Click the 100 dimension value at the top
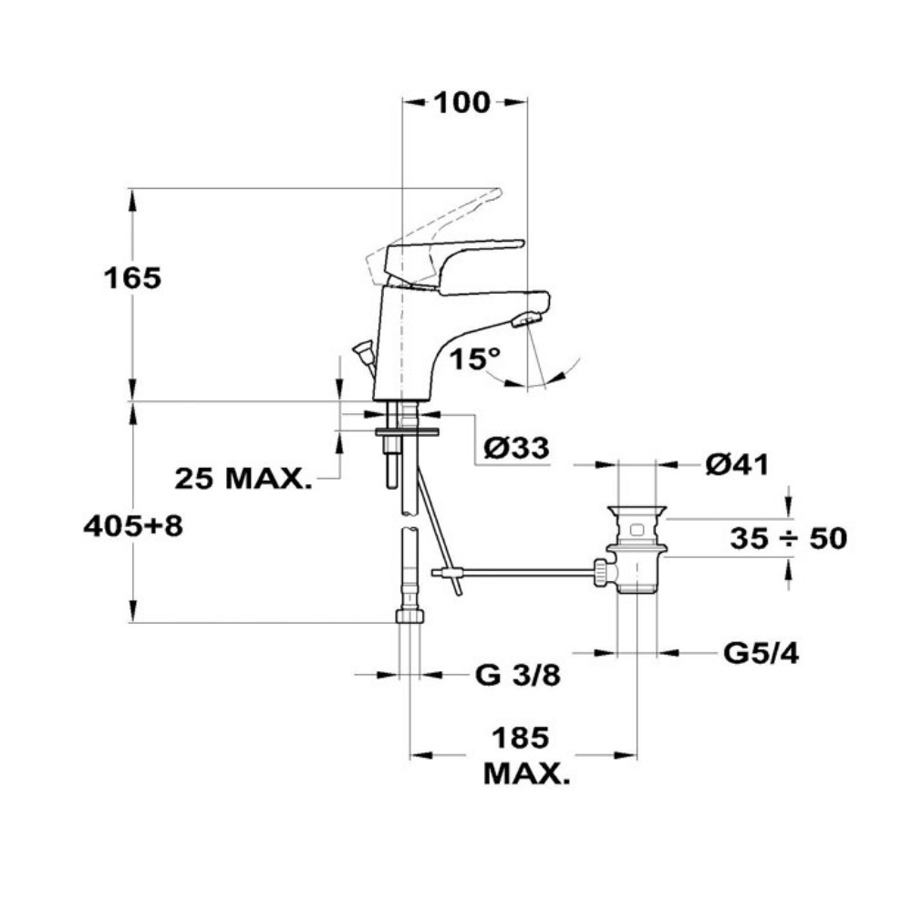point(461,103)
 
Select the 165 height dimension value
point(132,278)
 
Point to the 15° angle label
point(475,358)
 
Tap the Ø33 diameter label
point(516,448)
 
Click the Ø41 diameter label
point(737,465)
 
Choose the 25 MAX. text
point(244,479)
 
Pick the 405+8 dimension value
point(133,526)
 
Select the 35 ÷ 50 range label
point(789,539)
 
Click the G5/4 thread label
point(761,654)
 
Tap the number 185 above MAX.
point(521,738)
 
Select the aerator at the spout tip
point(526,318)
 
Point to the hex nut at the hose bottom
point(410,616)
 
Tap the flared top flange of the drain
point(637,512)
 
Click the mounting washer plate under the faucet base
point(408,432)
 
